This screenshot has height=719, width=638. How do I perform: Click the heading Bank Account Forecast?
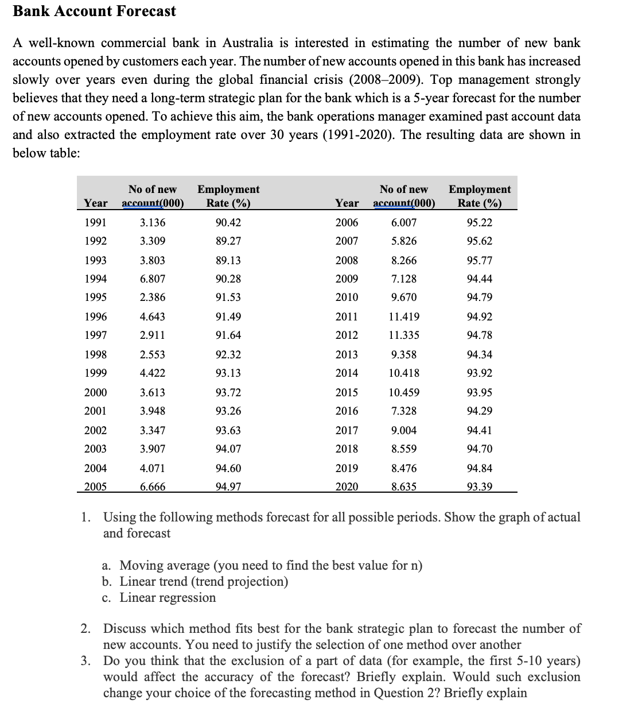95,11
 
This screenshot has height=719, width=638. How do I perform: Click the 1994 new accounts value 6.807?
153,279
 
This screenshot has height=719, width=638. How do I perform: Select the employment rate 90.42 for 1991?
228,223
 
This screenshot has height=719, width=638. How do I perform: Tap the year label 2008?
347,260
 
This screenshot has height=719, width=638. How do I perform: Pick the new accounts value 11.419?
404,316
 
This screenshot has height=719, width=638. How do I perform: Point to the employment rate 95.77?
480,260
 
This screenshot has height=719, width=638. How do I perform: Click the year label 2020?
347,487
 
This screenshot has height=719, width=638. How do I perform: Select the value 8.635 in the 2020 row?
404,487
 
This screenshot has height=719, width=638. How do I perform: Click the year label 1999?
95,373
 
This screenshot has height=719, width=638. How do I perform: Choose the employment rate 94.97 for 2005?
228,487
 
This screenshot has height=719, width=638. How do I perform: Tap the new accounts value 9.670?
404,297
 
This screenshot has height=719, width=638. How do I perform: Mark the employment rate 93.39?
480,487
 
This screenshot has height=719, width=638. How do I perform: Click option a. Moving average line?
262,565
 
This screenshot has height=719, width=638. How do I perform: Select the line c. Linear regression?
159,597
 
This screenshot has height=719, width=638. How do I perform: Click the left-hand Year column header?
95,203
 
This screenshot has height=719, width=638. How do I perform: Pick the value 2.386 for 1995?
153,297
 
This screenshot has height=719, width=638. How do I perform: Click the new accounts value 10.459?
404,393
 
